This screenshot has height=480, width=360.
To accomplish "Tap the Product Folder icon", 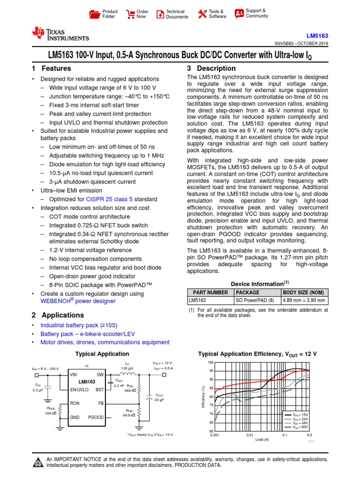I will coord(95,14).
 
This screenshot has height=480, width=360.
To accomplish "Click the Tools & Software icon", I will coord(202,14).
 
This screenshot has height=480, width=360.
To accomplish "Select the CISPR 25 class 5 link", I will coord(112,199).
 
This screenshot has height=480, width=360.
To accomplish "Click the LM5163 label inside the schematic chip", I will coord(87,382).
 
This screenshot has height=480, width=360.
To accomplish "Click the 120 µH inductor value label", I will coord(127,367).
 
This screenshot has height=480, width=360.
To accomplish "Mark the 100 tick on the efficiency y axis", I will coord(210,362).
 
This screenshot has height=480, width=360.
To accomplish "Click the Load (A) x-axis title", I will coord(262,439).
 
